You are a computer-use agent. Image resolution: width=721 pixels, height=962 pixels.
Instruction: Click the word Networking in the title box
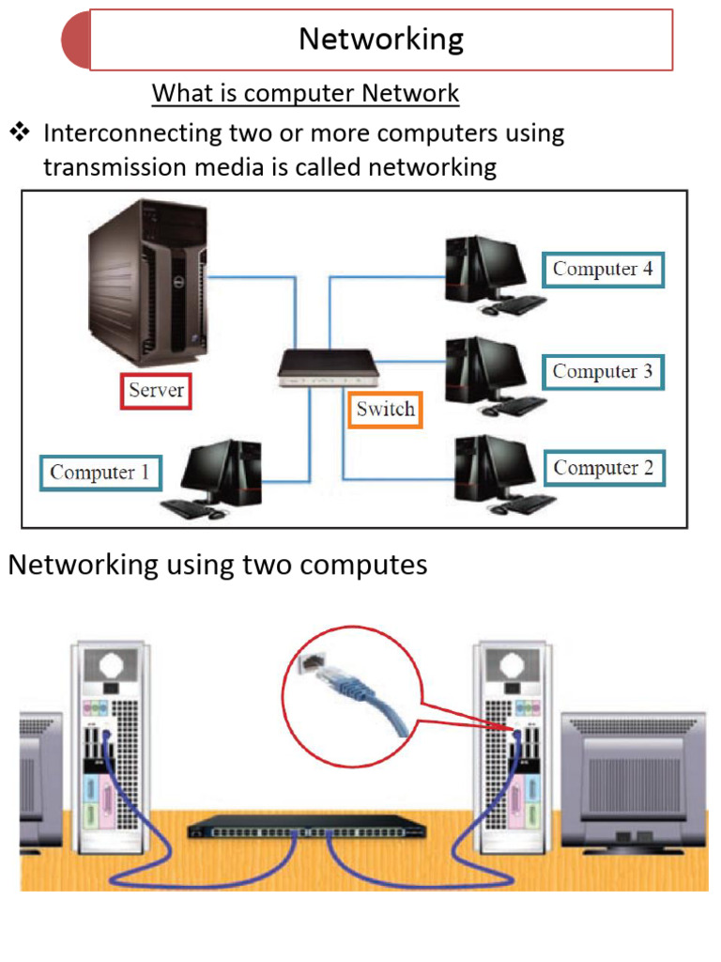click(x=381, y=39)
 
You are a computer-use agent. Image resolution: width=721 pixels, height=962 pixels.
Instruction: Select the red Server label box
click(x=156, y=390)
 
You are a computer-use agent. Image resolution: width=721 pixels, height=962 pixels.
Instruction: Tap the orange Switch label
click(x=385, y=410)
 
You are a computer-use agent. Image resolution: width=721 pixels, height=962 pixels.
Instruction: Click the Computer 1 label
click(x=100, y=472)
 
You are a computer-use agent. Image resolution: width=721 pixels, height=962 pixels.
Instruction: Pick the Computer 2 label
click(x=604, y=468)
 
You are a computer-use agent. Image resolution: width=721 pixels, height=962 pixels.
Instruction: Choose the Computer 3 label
click(x=603, y=371)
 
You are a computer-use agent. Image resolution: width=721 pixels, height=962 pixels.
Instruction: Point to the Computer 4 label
click(x=603, y=269)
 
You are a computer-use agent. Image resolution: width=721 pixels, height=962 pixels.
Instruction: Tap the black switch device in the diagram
click(x=328, y=368)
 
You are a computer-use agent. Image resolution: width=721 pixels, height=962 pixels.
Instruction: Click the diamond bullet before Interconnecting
click(x=20, y=132)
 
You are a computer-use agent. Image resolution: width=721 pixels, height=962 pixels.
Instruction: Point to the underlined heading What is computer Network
click(x=305, y=94)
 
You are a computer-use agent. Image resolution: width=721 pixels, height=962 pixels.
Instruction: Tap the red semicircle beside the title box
click(x=76, y=40)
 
